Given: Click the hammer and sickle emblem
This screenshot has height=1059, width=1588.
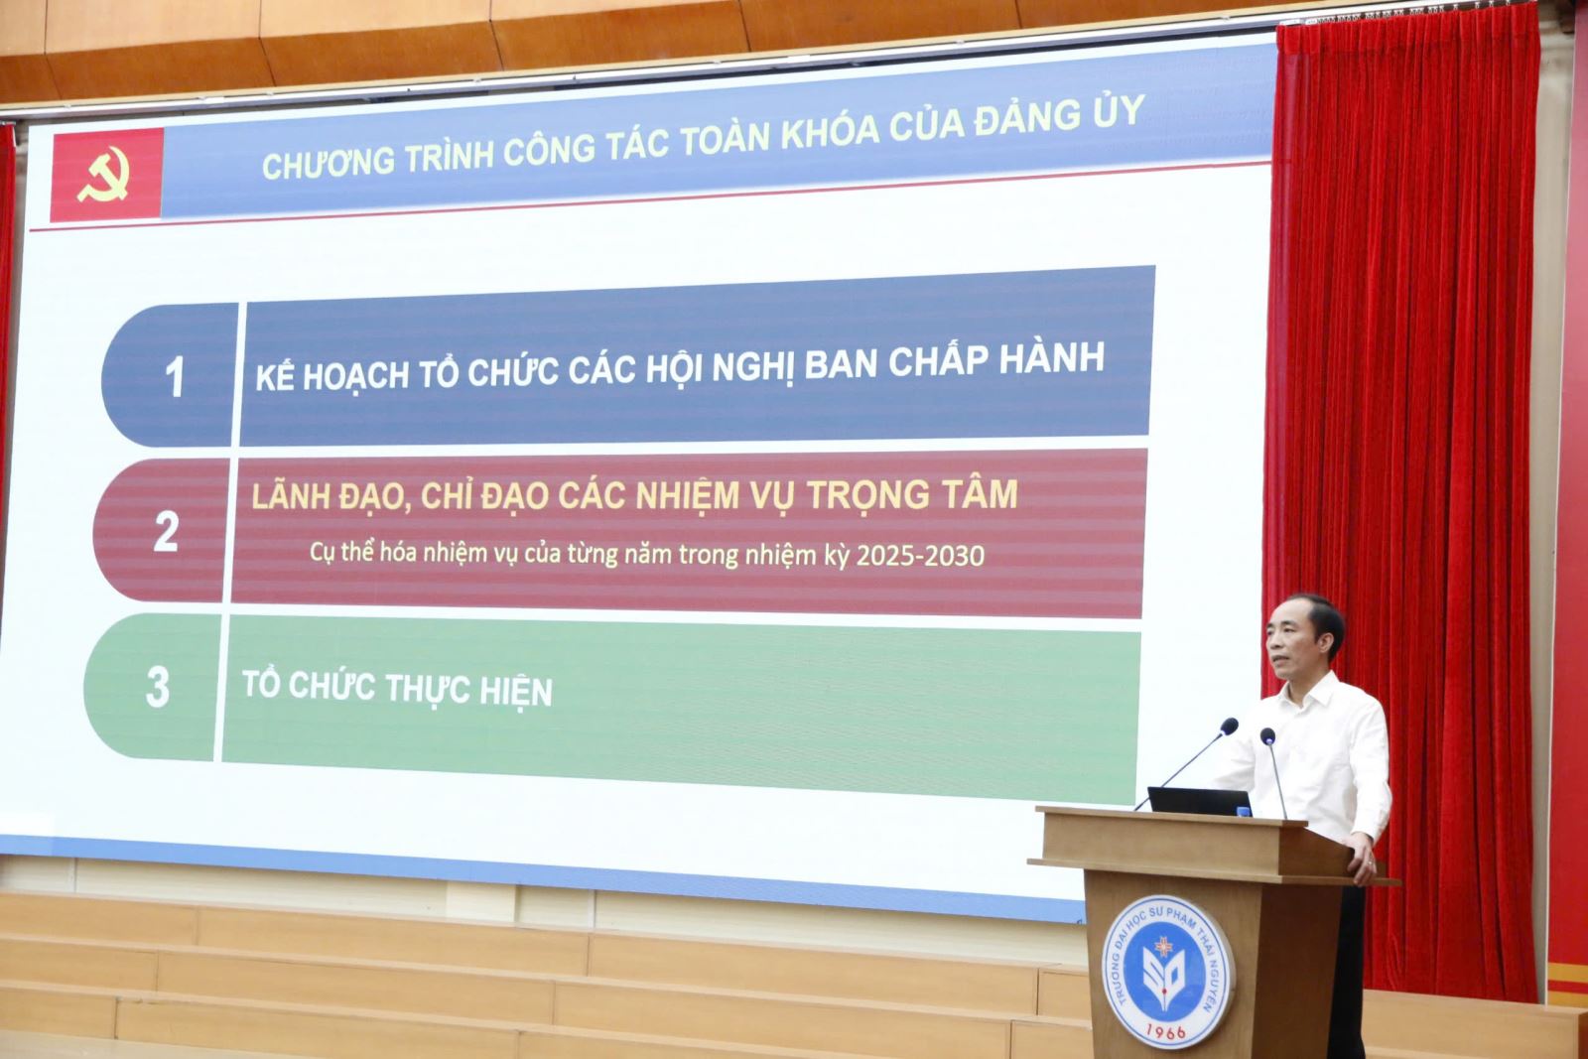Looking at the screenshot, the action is click(104, 175).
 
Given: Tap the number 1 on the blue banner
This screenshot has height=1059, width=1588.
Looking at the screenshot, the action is click(175, 376).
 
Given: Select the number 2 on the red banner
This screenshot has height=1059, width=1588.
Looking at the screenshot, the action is click(166, 531).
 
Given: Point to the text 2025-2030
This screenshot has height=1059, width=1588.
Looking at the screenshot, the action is click(920, 556).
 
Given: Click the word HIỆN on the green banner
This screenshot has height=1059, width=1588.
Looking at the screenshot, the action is click(516, 691).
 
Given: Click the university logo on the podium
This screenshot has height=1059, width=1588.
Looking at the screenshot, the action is click(1167, 971).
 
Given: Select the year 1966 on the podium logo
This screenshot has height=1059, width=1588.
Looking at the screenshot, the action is click(1165, 1030).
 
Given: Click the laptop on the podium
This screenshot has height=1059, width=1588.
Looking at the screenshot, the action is click(1200, 802).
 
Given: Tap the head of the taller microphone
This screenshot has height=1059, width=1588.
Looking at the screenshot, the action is click(1229, 726).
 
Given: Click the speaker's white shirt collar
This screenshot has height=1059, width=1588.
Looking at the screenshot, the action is click(1311, 691).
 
